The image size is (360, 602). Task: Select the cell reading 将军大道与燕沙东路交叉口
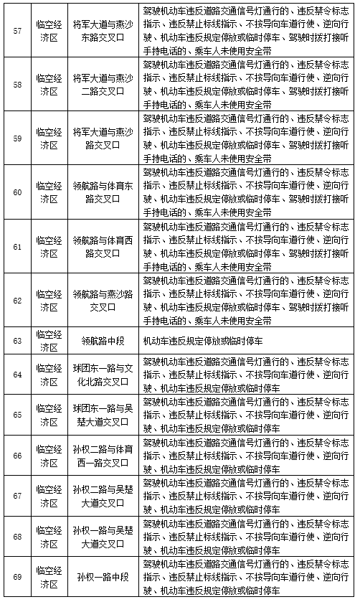(x=104, y=30)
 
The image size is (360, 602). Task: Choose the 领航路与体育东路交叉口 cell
(x=104, y=192)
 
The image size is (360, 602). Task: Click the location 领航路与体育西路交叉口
(x=104, y=245)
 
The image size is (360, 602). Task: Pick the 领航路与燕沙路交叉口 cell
(x=104, y=300)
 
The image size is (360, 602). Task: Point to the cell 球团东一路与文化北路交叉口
(x=104, y=375)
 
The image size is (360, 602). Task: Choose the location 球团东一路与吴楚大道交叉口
(x=104, y=415)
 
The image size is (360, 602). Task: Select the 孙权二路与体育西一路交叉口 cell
(x=104, y=455)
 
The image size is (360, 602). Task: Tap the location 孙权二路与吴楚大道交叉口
(x=104, y=495)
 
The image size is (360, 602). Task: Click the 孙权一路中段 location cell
(x=104, y=576)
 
